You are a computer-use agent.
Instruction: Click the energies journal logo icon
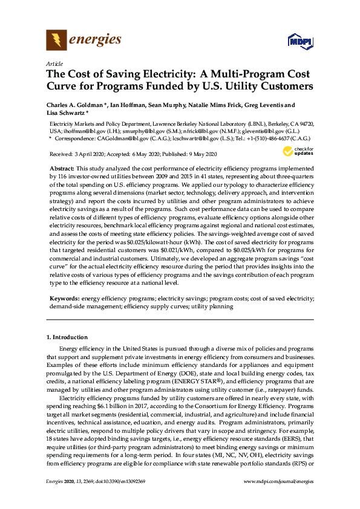click(x=56, y=41)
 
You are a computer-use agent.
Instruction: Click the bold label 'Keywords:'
click(x=64, y=299)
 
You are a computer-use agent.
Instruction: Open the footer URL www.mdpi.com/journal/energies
click(x=278, y=481)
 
